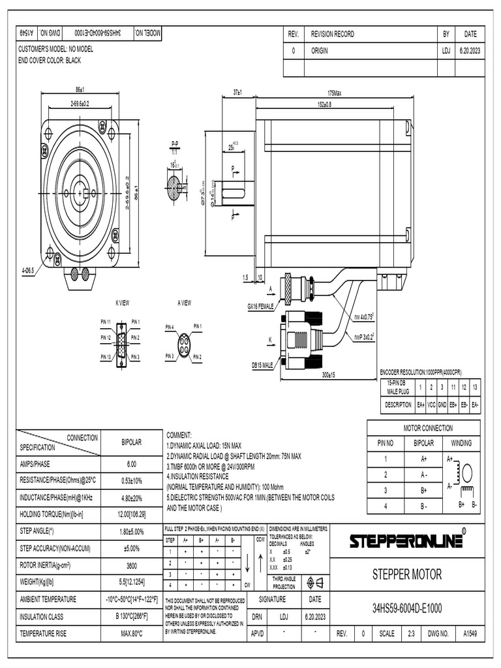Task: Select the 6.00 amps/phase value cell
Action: click(131, 464)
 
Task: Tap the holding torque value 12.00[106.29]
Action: click(131, 515)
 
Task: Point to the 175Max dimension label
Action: click(334, 93)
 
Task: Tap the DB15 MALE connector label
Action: click(262, 367)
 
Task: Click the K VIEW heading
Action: click(122, 303)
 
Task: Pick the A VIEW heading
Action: click(184, 303)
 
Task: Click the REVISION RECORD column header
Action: click(332, 34)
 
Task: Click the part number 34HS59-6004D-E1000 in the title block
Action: click(407, 609)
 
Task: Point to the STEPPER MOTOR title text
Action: click(407, 575)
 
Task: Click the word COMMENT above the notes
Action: click(179, 434)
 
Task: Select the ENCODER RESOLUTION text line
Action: click(420, 372)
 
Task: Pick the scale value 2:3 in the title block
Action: click(411, 633)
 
